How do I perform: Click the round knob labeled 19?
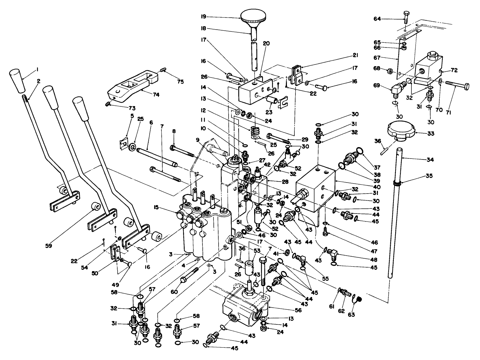click(254, 16)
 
